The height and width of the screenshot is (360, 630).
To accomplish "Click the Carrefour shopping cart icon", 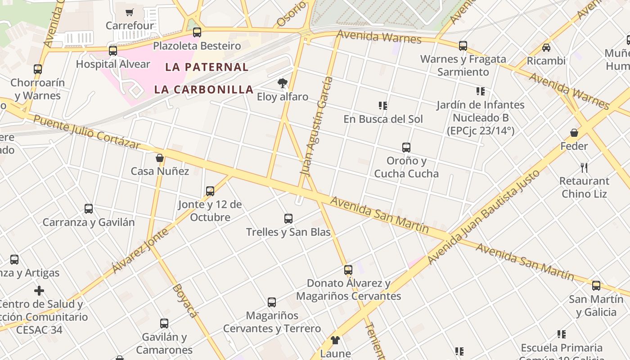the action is pyautogui.click(x=130, y=12).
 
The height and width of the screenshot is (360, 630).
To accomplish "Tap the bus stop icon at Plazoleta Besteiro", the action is pyautogui.click(x=197, y=32).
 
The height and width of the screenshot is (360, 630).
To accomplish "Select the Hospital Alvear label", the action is pyautogui.click(x=113, y=64).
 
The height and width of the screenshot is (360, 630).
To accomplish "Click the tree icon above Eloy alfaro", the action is pyautogui.click(x=283, y=83).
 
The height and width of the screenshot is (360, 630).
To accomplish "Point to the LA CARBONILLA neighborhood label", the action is pyautogui.click(x=204, y=89).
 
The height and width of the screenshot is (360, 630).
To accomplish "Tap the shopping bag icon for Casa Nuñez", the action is pyautogui.click(x=160, y=158).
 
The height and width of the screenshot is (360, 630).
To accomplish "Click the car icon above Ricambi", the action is pyautogui.click(x=546, y=47).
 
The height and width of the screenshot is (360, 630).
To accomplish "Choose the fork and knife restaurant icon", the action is pyautogui.click(x=584, y=168).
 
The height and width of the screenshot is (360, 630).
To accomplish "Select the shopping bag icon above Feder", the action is pyautogui.click(x=574, y=133).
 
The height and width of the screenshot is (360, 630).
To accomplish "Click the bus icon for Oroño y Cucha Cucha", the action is pyautogui.click(x=406, y=147).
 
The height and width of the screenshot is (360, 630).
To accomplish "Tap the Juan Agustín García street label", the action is pyautogui.click(x=317, y=126).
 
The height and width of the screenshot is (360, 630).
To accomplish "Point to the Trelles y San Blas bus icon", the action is pyautogui.click(x=288, y=219).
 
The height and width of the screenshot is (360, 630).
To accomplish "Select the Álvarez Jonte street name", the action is pyautogui.click(x=140, y=250).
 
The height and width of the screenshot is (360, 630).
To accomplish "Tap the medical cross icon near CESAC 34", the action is pyautogui.click(x=39, y=291).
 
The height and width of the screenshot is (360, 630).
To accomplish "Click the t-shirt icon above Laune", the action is pyautogui.click(x=335, y=340).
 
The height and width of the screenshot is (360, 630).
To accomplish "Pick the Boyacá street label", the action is pyautogui.click(x=185, y=300).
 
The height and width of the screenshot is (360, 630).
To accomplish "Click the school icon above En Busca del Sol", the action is pyautogui.click(x=383, y=106).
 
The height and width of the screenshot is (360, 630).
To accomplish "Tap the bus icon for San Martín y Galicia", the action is pyautogui.click(x=596, y=286).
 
